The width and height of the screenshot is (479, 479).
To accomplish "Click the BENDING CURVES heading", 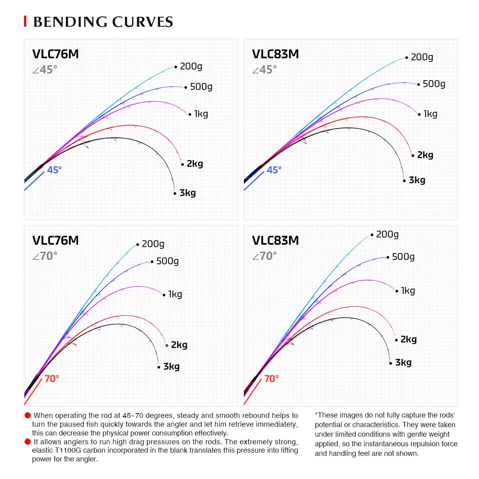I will (103, 22).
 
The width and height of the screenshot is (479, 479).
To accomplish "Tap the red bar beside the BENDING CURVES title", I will (25, 22).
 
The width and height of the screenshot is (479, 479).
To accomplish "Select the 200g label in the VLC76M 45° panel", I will (191, 66).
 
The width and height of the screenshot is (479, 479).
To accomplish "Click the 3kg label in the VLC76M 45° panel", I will (188, 193).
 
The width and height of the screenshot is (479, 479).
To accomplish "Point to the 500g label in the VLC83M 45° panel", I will (434, 84).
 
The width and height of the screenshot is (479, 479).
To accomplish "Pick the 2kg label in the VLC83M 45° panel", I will (425, 155).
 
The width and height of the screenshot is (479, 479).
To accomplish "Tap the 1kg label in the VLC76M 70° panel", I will (175, 294).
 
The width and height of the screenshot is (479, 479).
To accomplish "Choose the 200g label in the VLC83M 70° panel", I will (387, 234).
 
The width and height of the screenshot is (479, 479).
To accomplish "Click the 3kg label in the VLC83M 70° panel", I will (403, 362).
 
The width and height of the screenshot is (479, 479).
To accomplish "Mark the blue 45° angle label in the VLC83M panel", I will (274, 170).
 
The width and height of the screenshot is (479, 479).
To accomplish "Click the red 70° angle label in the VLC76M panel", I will (52, 378).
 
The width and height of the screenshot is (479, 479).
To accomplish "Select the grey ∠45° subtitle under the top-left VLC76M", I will (45, 70).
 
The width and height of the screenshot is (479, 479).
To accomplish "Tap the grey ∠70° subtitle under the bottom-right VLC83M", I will (264, 256).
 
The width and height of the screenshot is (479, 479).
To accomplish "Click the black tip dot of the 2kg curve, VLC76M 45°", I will (182, 164).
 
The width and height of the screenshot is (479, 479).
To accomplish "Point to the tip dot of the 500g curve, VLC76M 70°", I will (152, 262).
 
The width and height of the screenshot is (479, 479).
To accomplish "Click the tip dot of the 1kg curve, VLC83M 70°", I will (397, 291).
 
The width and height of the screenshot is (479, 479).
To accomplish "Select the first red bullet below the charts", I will (28, 416).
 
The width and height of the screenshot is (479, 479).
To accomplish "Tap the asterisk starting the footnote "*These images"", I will (316, 415).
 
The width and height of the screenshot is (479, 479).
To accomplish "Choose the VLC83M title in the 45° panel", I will (275, 54).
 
